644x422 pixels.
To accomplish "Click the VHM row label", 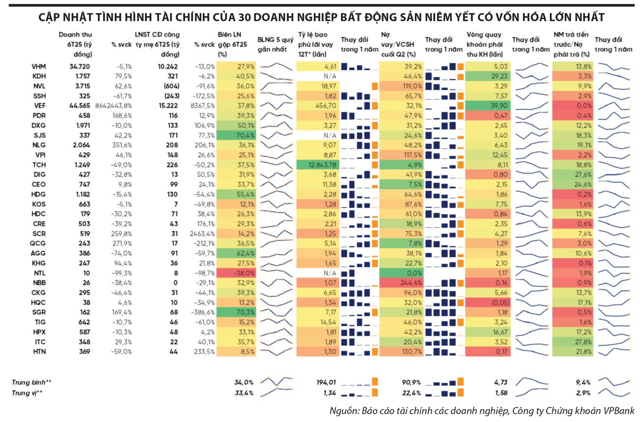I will [x=39, y=67].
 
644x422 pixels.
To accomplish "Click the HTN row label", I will [x=39, y=352].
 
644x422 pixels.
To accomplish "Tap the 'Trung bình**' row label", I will [x=32, y=382].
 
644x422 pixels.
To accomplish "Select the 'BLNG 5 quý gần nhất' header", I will [x=275, y=43].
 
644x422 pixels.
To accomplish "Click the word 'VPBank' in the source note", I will [x=618, y=411].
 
